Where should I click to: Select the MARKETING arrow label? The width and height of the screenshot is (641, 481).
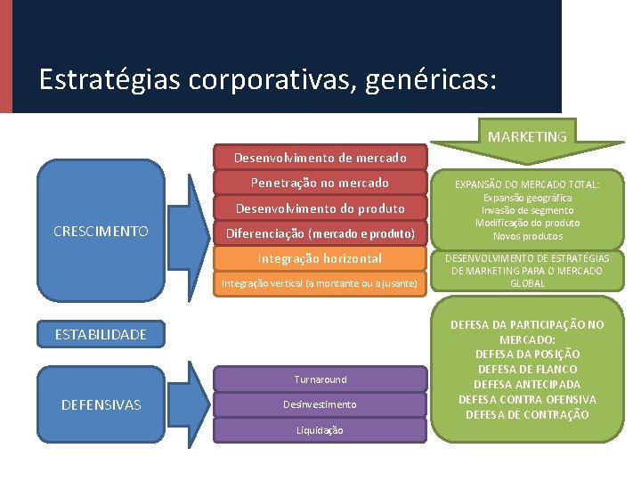pyautogui.click(x=527, y=136)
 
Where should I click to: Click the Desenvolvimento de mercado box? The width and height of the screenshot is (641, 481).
pyautogui.click(x=320, y=158)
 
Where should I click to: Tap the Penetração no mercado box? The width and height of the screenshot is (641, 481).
pyautogui.click(x=320, y=183)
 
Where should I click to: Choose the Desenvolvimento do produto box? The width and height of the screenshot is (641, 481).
pyautogui.click(x=320, y=208)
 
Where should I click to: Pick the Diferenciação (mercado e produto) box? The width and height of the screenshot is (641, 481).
pyautogui.click(x=320, y=234)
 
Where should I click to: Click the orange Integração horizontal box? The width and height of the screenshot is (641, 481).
pyautogui.click(x=320, y=258)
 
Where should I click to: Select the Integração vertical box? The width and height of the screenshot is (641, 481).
pyautogui.click(x=320, y=283)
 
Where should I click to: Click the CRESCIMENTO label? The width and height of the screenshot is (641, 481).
pyautogui.click(x=101, y=231)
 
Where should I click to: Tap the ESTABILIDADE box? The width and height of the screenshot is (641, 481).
pyautogui.click(x=101, y=335)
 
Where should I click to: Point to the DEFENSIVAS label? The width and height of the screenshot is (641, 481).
pyautogui.click(x=101, y=404)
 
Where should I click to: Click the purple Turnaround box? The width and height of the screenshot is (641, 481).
pyautogui.click(x=320, y=379)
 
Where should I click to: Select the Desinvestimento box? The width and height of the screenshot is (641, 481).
pyautogui.click(x=320, y=404)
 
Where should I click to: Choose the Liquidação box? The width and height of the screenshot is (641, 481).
pyautogui.click(x=320, y=430)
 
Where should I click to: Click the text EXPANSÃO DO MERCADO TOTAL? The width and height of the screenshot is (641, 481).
pyautogui.click(x=527, y=184)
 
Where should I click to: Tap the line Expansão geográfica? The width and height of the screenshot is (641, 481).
pyautogui.click(x=527, y=198)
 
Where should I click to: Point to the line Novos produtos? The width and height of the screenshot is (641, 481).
pyautogui.click(x=527, y=236)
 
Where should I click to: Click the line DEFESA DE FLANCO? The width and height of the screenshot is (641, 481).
pyautogui.click(x=527, y=369)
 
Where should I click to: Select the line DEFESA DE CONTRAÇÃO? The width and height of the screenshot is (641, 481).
pyautogui.click(x=527, y=414)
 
